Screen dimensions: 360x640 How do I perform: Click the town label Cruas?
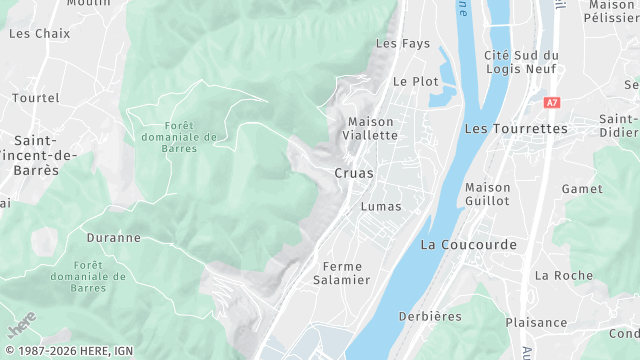tap(353, 173)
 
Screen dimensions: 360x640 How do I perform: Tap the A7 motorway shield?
tap(552, 102)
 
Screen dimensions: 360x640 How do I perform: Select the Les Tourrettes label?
tap(516, 129)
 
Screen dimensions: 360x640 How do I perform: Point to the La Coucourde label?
tap(468, 244)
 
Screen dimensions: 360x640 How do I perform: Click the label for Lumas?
tap(380, 206)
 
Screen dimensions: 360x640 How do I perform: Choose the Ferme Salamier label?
tap(342, 273)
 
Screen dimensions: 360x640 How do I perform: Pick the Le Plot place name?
tap(416, 81)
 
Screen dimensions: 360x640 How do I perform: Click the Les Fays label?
tap(402, 43)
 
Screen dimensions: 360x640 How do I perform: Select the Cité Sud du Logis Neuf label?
tap(521, 62)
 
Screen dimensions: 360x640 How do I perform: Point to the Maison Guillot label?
tap(487, 194)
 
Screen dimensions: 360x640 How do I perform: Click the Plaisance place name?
tap(536, 322)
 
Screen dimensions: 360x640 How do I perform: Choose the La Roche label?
tap(563, 275)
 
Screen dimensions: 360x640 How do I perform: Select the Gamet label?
tap(582, 188)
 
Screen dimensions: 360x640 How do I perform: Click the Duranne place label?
tap(113, 238)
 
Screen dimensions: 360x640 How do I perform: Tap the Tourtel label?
tap(36, 98)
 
